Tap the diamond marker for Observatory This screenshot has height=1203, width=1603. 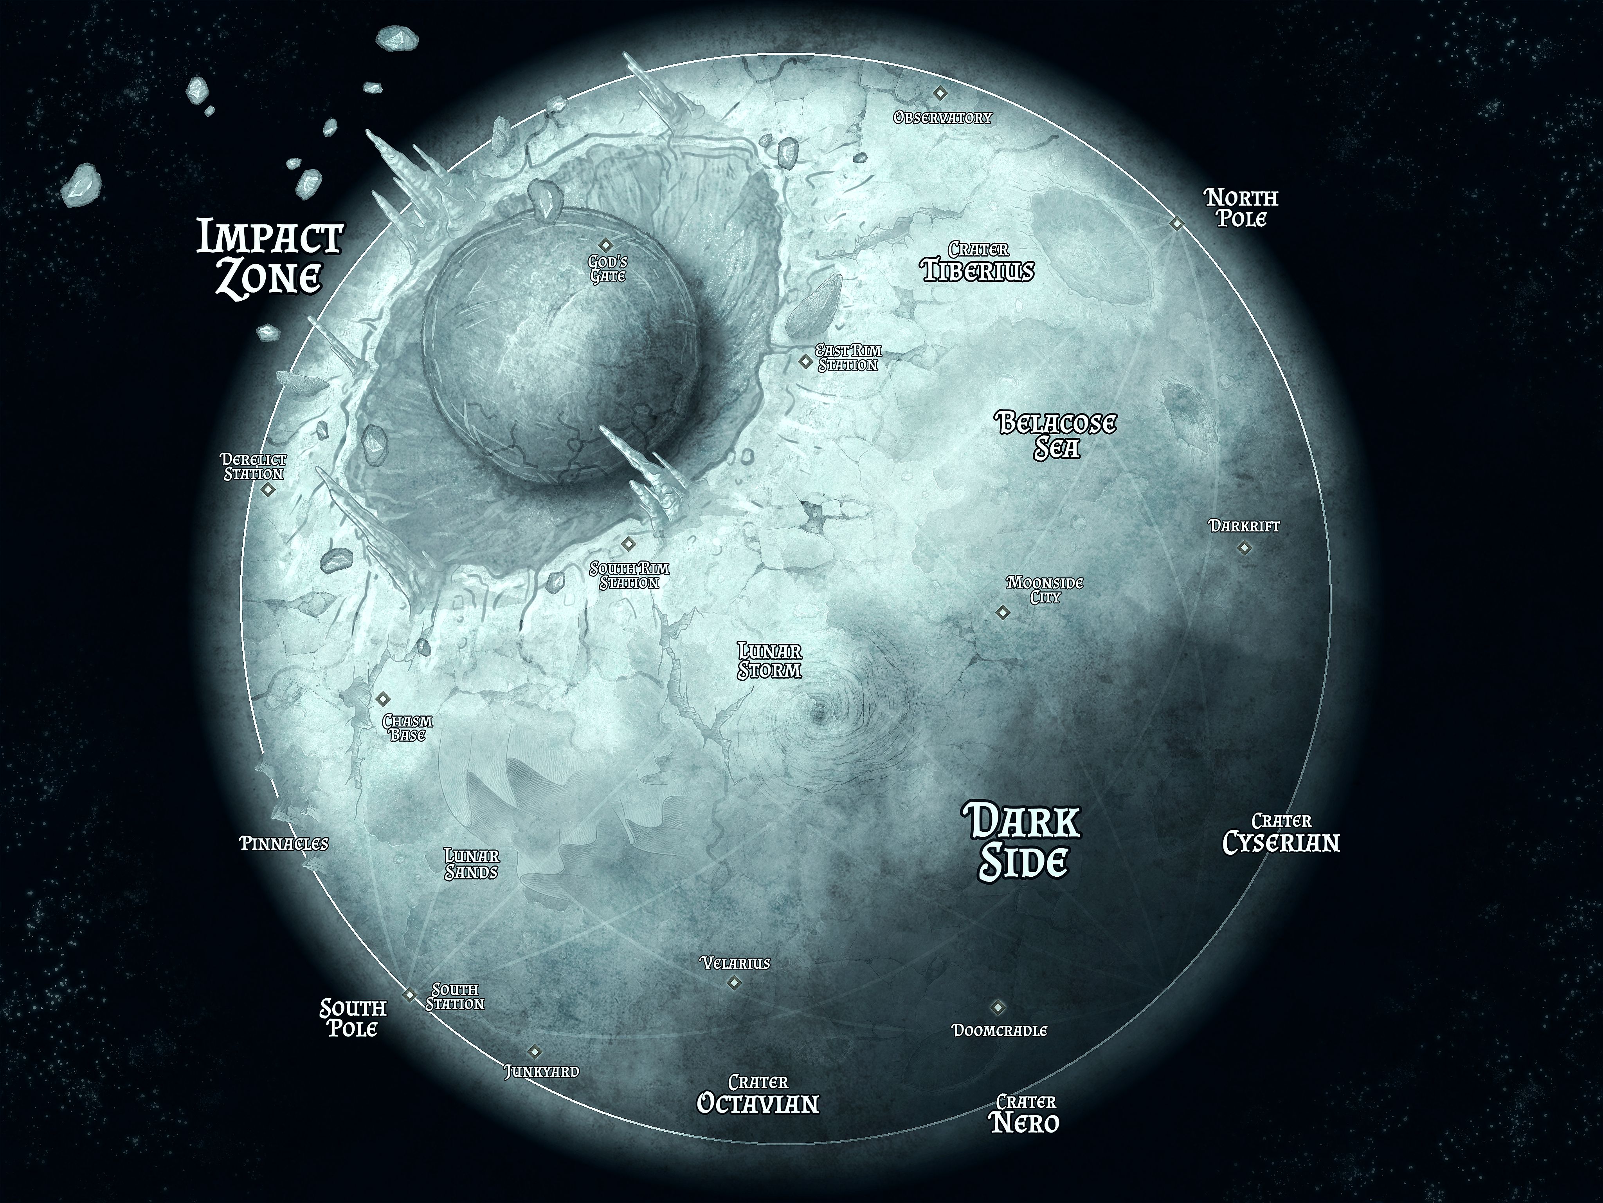[x=940, y=93]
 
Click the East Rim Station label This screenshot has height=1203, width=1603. [x=848, y=358]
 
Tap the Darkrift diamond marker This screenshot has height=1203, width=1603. [x=1244, y=548]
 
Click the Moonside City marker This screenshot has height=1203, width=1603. [x=1002, y=613]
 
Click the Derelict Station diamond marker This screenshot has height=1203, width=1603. [x=268, y=490]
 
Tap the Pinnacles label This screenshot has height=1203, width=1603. [x=284, y=844]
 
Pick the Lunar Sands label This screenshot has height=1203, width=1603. [x=472, y=863]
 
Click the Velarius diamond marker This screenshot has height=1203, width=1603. [x=734, y=983]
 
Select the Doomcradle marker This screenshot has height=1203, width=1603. [x=998, y=1007]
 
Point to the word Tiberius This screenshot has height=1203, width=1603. [x=978, y=271]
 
